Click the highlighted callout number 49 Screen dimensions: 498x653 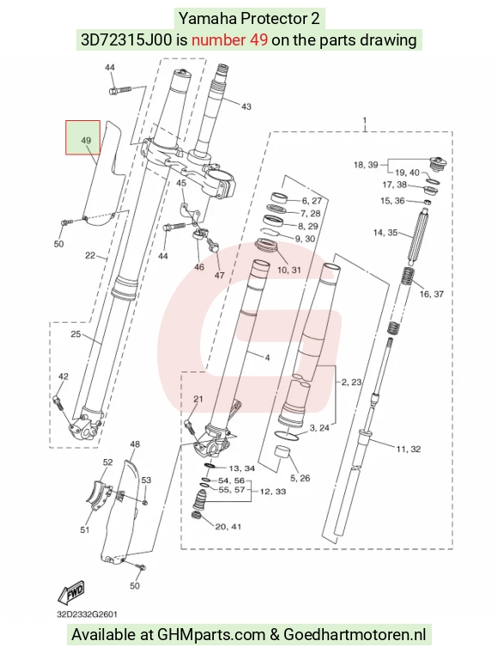86,141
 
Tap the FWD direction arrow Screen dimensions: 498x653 71,592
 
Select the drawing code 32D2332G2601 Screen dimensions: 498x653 87,614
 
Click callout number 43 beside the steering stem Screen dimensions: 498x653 246,106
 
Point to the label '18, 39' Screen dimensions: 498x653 366,165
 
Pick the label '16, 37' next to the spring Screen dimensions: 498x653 432,294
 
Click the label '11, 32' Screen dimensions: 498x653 409,449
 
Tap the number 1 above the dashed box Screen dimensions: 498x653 365,121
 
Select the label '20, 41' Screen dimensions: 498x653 228,527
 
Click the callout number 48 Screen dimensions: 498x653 135,444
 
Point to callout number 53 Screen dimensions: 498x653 146,481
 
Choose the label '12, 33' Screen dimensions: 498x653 273,492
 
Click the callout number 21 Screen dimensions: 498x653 198,399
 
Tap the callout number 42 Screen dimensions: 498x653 63,377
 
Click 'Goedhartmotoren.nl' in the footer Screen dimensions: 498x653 355,635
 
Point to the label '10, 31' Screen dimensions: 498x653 289,269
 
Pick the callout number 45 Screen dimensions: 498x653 181,184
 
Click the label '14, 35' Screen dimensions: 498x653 386,233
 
